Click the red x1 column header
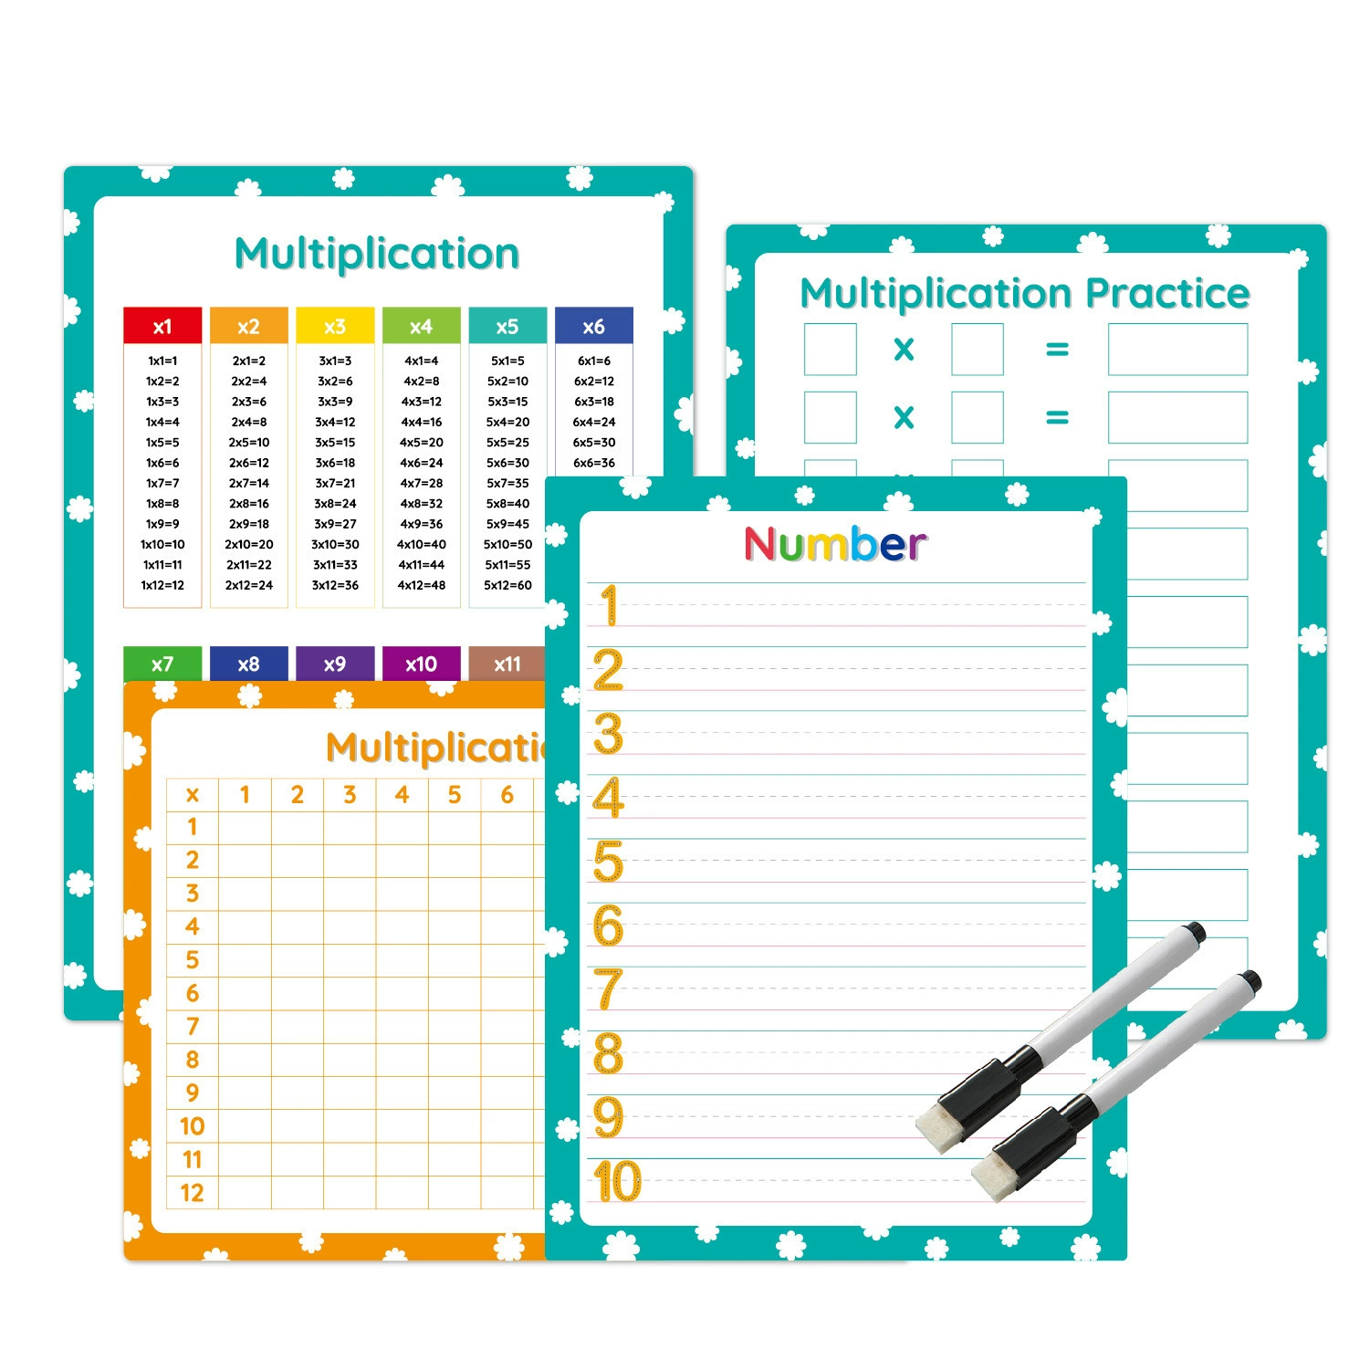point(162,326)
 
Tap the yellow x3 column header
point(335,326)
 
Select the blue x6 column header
point(594,326)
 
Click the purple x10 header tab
point(421,664)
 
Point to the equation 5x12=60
point(507,585)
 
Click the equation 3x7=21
point(335,483)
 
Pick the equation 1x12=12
point(162,585)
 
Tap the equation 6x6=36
point(594,463)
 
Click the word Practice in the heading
point(1167,294)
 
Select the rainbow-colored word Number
point(835,544)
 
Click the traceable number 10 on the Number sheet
point(618,1181)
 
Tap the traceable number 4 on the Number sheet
point(608,798)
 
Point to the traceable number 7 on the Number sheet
point(608,989)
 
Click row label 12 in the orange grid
point(192,1193)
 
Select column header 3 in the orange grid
point(350,795)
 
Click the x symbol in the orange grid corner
point(192,796)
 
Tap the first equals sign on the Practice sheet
point(1057,350)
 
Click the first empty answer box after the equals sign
point(1177,349)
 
